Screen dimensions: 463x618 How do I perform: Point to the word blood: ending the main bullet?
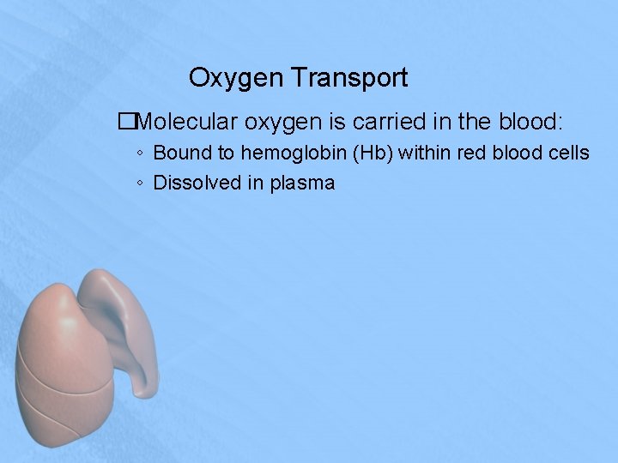click(527, 122)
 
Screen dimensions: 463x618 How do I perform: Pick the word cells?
click(568, 153)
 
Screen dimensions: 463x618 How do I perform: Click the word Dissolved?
click(194, 183)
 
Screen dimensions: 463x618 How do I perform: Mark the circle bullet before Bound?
click(139, 154)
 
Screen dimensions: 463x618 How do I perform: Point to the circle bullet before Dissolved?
click(139, 183)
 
